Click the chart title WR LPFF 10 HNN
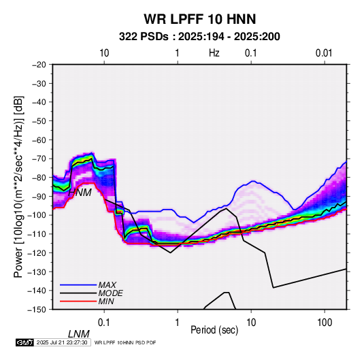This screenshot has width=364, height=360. tap(200, 19)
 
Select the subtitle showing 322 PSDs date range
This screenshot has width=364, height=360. tap(199, 37)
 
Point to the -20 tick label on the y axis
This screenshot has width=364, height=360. tap(39, 65)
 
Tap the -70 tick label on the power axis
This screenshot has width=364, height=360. tap(39, 159)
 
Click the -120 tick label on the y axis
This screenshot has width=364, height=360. tap(37, 253)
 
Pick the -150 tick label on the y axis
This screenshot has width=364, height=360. tap(37, 310)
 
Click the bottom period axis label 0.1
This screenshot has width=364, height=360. tap(104, 323)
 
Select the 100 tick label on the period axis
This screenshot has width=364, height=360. tap(325, 323)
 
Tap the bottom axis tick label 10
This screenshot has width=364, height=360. tap(251, 323)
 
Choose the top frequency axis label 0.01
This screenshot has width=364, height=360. tap(324, 53)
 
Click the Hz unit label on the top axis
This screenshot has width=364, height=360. tap(214, 53)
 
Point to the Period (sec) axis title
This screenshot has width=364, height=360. tap(214, 330)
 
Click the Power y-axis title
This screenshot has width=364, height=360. tap(18, 187)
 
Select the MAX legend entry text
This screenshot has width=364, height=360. tap(107, 285)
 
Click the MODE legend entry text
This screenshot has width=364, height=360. tap(110, 293)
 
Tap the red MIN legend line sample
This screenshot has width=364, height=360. tap(78, 301)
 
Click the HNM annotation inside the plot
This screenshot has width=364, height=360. tap(80, 193)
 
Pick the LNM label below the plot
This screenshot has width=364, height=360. tap(79, 334)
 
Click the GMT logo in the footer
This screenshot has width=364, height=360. tap(25, 342)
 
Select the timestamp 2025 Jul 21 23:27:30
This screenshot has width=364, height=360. tap(62, 342)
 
